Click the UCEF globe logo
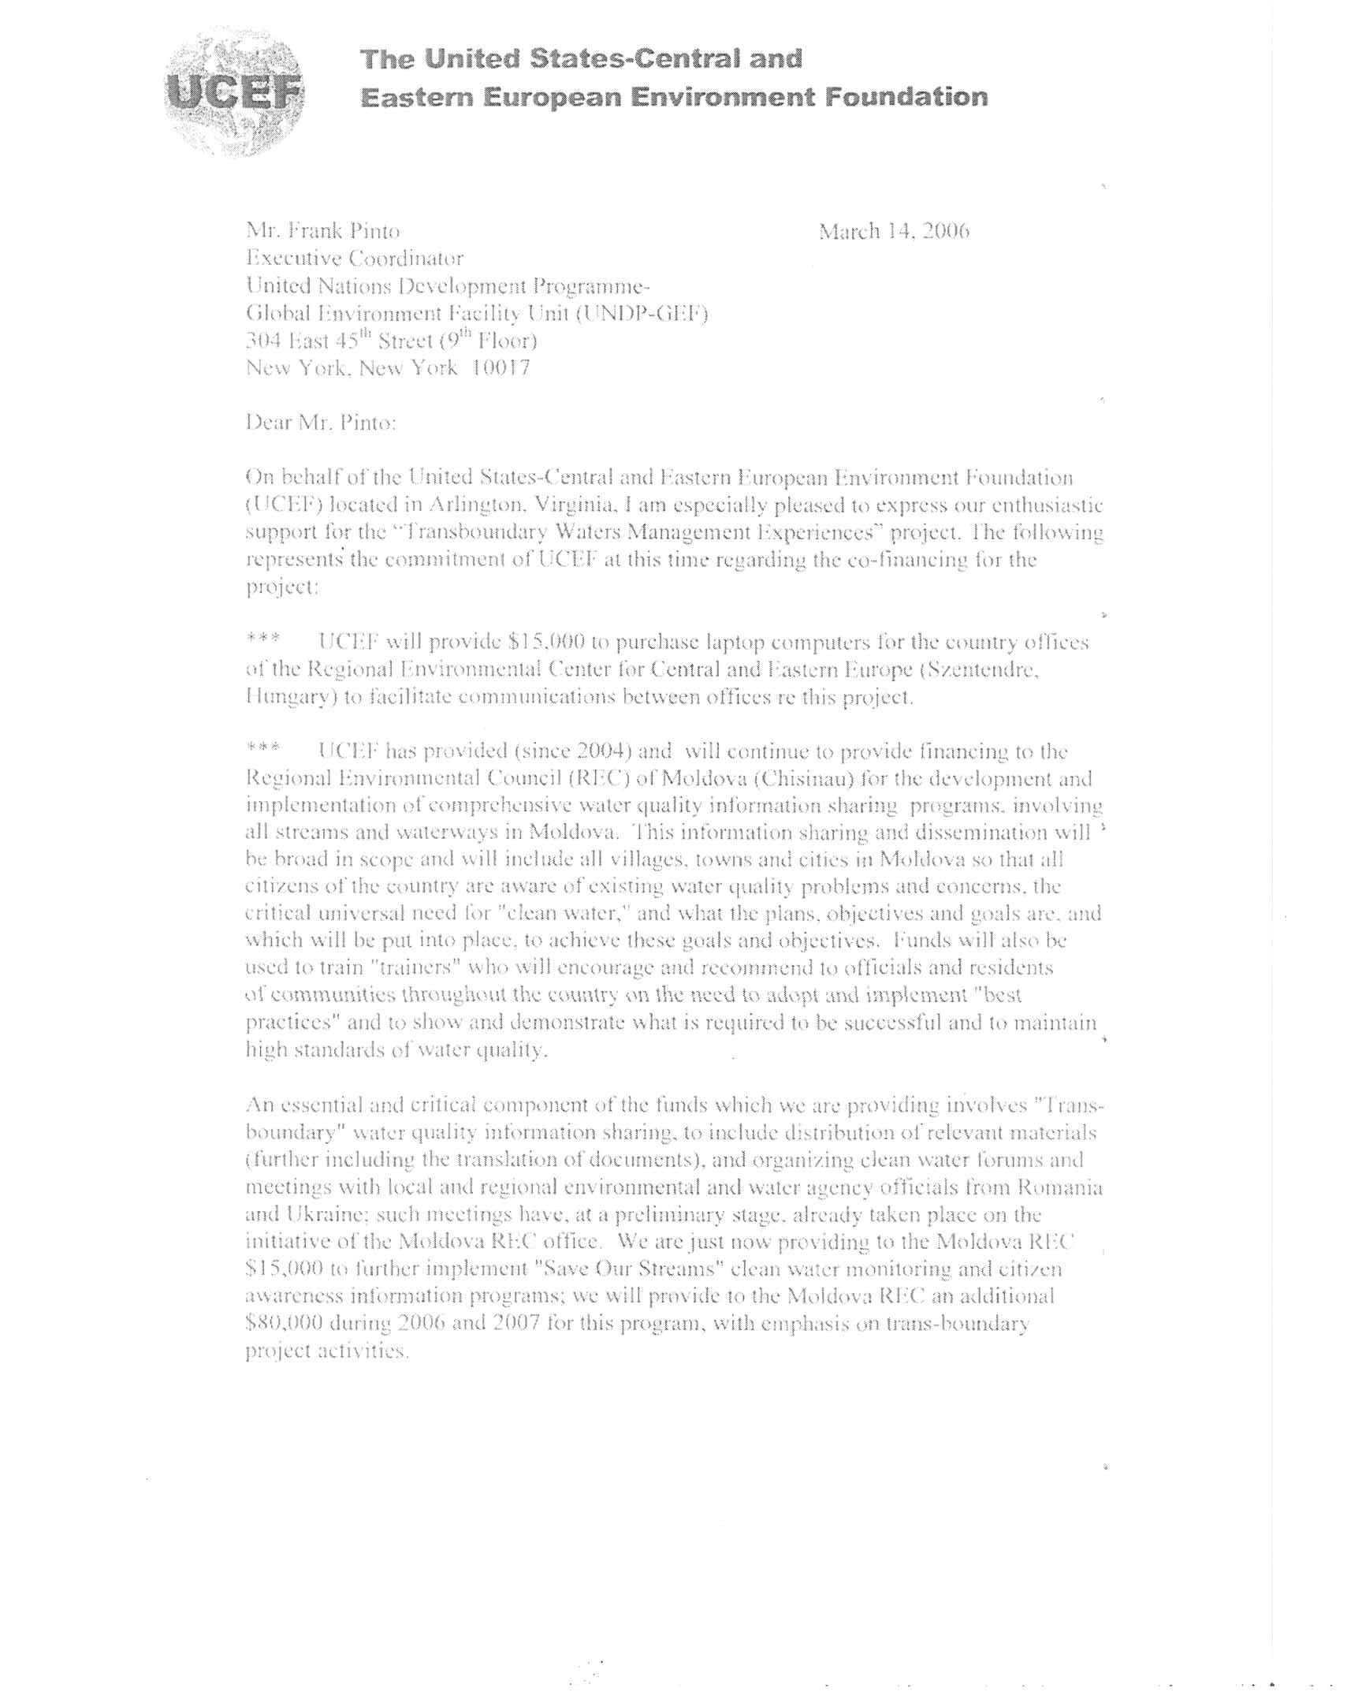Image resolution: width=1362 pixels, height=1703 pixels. point(236,92)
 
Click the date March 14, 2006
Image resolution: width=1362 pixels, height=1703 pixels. point(894,232)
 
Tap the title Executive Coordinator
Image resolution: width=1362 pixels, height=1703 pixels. point(355,259)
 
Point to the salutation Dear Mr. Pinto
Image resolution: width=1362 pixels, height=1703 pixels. point(321,423)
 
